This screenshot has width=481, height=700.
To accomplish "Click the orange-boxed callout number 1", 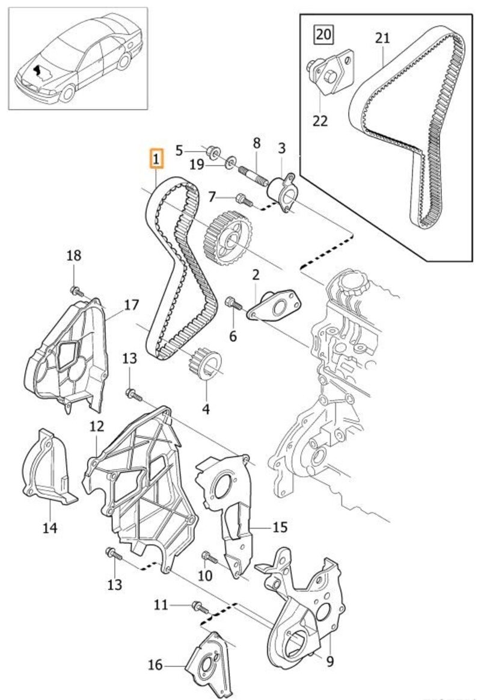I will [156, 160].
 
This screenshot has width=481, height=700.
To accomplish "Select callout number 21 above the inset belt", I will [382, 38].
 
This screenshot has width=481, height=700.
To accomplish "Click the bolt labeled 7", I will [240, 197].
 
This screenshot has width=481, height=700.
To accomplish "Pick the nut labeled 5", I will [212, 150].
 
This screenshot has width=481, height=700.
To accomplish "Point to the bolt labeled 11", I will [197, 606].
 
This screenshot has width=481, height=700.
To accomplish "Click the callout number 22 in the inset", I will [320, 121].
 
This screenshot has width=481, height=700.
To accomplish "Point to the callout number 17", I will [130, 305].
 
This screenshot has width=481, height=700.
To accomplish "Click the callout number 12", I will [97, 427].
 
